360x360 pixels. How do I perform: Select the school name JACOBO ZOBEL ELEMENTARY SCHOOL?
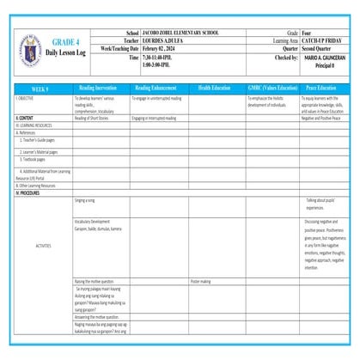[x=180, y=33]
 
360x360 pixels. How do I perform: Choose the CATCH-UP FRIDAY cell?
[x=322, y=40]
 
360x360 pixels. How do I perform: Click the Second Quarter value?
[x=322, y=48]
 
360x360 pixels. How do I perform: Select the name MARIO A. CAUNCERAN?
[x=325, y=57]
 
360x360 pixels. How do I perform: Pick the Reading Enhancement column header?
[x=159, y=88]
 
